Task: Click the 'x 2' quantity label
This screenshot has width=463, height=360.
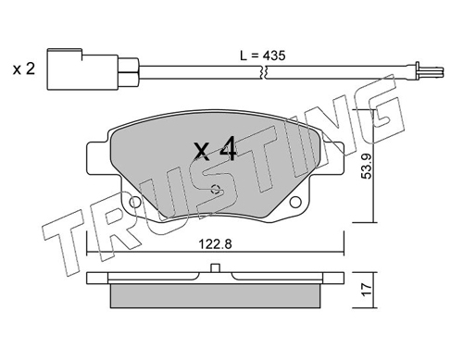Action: [24, 69]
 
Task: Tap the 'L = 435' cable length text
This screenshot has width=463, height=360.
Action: [263, 56]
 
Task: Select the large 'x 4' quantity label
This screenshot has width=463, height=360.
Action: [215, 150]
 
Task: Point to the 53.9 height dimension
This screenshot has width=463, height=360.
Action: [367, 167]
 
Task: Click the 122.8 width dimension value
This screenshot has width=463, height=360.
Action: [215, 244]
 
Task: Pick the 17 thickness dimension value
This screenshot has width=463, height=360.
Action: [367, 290]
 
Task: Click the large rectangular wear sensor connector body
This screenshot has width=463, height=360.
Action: [82, 69]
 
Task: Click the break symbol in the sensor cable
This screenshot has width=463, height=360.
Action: [264, 72]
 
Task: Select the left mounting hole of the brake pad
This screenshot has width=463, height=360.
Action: [135, 203]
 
